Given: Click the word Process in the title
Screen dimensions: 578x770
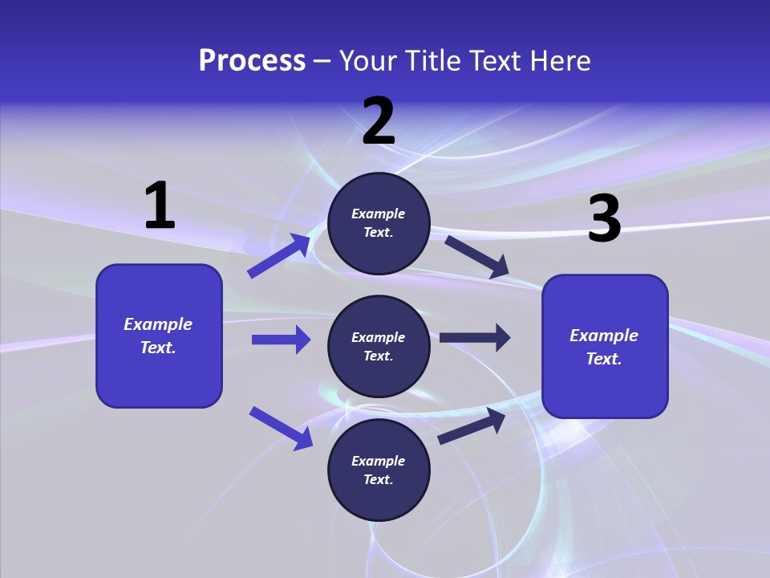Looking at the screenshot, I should [x=252, y=61].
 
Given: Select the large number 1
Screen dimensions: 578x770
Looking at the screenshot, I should [x=160, y=206].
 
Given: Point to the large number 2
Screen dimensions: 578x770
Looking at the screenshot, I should [x=379, y=121].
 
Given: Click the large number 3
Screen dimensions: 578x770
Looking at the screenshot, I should [x=604, y=219].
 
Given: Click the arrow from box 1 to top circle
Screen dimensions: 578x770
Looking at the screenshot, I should [x=279, y=255].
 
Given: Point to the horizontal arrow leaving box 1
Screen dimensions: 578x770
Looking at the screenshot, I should [x=281, y=340].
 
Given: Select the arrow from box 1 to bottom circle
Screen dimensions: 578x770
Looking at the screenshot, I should [x=281, y=428].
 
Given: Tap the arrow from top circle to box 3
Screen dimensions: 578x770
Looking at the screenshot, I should [x=476, y=256].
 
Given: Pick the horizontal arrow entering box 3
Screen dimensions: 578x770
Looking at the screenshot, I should [x=475, y=338].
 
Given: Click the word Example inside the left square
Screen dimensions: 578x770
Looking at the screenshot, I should [x=158, y=324].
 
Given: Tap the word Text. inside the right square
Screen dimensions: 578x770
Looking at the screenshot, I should [x=604, y=359].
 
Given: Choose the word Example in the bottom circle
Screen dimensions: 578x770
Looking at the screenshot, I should [x=379, y=461].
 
